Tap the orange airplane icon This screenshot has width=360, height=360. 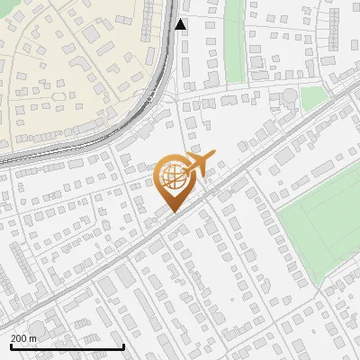(x=199, y=162)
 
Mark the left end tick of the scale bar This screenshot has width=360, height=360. (x=11, y=345)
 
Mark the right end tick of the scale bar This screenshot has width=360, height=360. (x=123, y=345)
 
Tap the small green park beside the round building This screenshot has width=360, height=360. (x=312, y=98)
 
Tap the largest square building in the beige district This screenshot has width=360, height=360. (x=90, y=32)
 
